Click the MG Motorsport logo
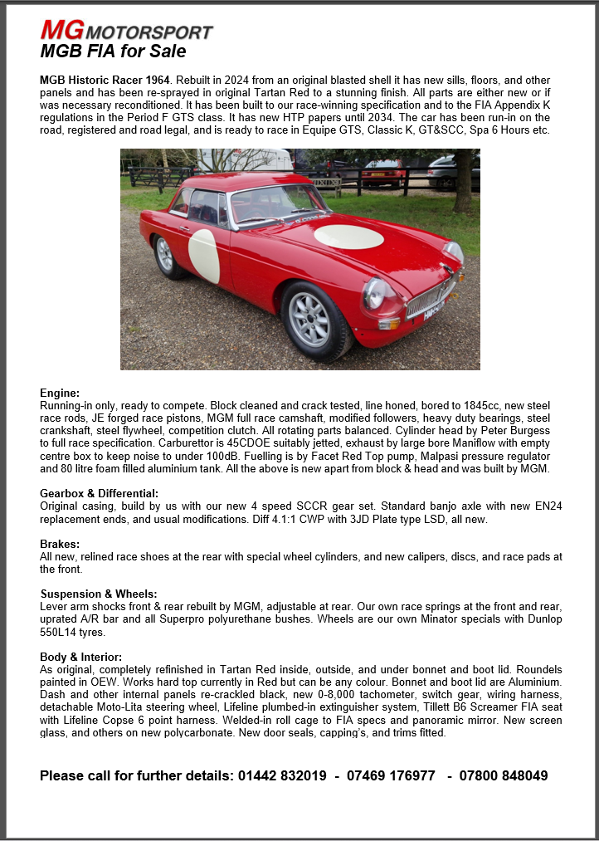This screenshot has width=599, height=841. (126, 31)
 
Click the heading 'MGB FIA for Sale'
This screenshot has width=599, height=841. (113, 51)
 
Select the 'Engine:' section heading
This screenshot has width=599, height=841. (60, 393)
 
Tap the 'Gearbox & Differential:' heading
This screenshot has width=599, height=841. (99, 493)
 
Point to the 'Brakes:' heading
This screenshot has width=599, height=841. (60, 544)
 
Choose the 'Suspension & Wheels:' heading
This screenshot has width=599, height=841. (99, 594)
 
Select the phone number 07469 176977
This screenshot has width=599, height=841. (391, 775)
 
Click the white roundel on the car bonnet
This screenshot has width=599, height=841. (348, 237)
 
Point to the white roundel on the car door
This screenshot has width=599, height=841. (204, 256)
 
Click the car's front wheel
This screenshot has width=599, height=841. (309, 319)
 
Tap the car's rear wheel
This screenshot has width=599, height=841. (166, 255)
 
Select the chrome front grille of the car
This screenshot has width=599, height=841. (430, 296)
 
